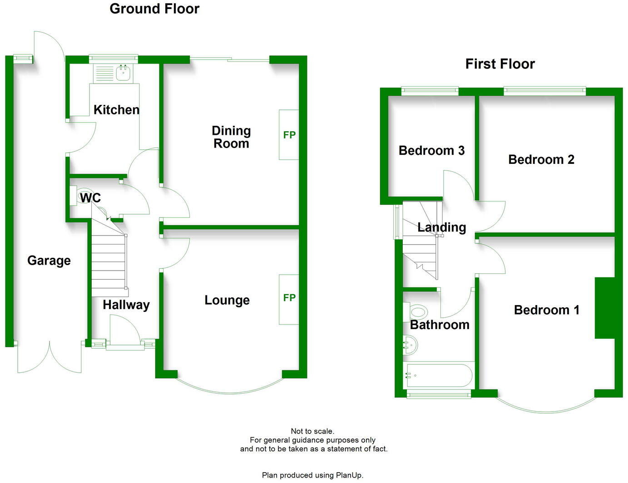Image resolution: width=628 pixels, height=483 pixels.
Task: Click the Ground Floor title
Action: point(154,9)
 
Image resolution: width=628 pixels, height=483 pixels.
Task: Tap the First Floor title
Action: point(500,64)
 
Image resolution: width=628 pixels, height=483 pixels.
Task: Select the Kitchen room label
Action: point(116,110)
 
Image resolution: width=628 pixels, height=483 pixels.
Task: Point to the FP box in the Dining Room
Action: point(289,135)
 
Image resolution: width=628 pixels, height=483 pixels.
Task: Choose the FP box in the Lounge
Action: point(289,298)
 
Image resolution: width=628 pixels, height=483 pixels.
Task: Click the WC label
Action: point(90,198)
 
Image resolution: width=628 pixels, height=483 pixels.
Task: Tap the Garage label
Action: point(49,261)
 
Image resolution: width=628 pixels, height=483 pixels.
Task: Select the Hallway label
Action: point(126,305)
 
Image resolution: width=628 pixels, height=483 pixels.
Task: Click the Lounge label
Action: point(227,300)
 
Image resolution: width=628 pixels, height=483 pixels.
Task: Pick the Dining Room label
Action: point(231,137)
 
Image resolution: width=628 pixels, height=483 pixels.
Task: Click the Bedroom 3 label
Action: point(431,151)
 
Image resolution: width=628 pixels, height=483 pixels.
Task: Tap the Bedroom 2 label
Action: point(541,160)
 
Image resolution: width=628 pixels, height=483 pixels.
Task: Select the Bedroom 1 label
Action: point(547,310)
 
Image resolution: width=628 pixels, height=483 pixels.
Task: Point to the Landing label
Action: point(442,227)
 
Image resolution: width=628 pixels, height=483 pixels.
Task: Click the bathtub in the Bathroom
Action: point(439,376)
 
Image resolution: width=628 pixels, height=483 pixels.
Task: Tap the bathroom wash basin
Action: point(410,345)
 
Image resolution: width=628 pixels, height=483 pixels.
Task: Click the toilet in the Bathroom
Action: point(417,312)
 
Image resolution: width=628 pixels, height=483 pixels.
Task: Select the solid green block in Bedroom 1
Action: point(604,308)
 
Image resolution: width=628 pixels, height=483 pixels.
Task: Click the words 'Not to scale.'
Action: point(312,431)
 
